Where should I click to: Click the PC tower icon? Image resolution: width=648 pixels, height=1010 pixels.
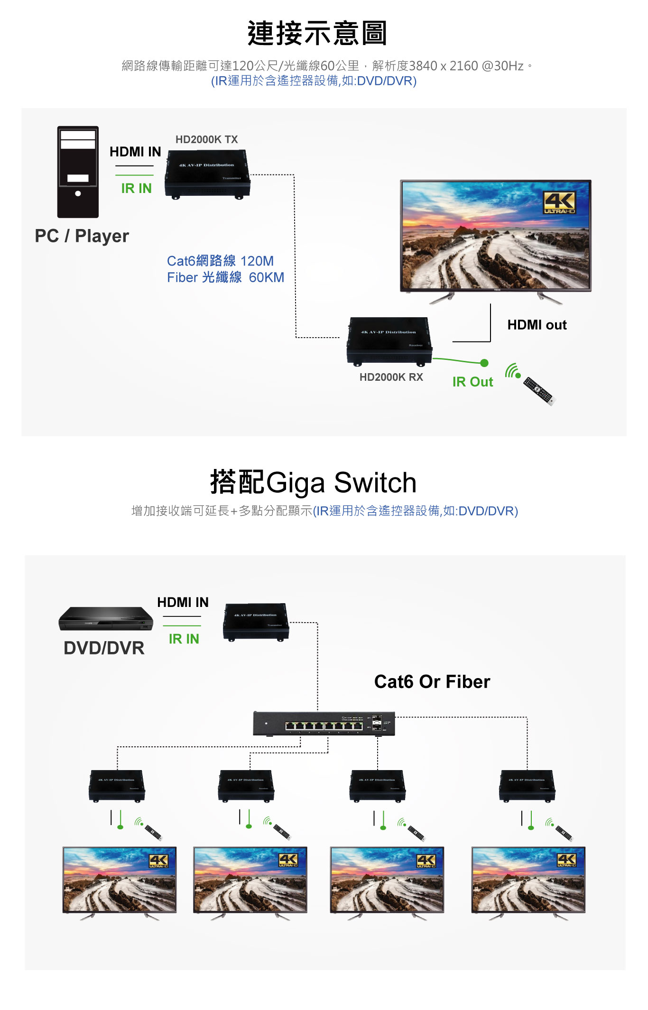pos(78,172)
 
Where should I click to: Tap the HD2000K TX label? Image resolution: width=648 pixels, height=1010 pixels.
pos(206,139)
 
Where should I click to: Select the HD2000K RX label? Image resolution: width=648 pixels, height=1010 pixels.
pos(391,377)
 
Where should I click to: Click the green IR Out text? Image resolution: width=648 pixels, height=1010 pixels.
pos(472,382)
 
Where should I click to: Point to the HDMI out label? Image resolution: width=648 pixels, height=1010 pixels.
pos(537,325)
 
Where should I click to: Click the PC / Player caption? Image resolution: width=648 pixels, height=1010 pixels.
pos(82,236)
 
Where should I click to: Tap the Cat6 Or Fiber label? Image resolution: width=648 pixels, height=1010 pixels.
pos(432,681)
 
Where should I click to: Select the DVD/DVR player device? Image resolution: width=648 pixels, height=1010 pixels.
pos(106,618)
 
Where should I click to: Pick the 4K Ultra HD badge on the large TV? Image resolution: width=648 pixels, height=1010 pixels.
pos(559,202)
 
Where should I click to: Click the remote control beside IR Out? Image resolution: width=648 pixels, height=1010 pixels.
pos(538,391)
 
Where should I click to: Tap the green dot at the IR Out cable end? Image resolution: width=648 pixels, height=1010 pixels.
pos(484,363)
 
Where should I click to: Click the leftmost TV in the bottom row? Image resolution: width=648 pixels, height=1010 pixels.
pos(120,881)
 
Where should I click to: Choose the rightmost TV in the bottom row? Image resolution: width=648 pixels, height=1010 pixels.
pos(528,881)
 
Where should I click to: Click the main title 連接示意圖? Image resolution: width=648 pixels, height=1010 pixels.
pos(317,34)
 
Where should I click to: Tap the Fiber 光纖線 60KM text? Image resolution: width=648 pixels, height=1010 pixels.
pos(225,277)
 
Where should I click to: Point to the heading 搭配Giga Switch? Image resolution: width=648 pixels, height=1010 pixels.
pos(313,482)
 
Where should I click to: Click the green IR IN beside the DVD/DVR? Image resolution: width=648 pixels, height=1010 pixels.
pos(184,639)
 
